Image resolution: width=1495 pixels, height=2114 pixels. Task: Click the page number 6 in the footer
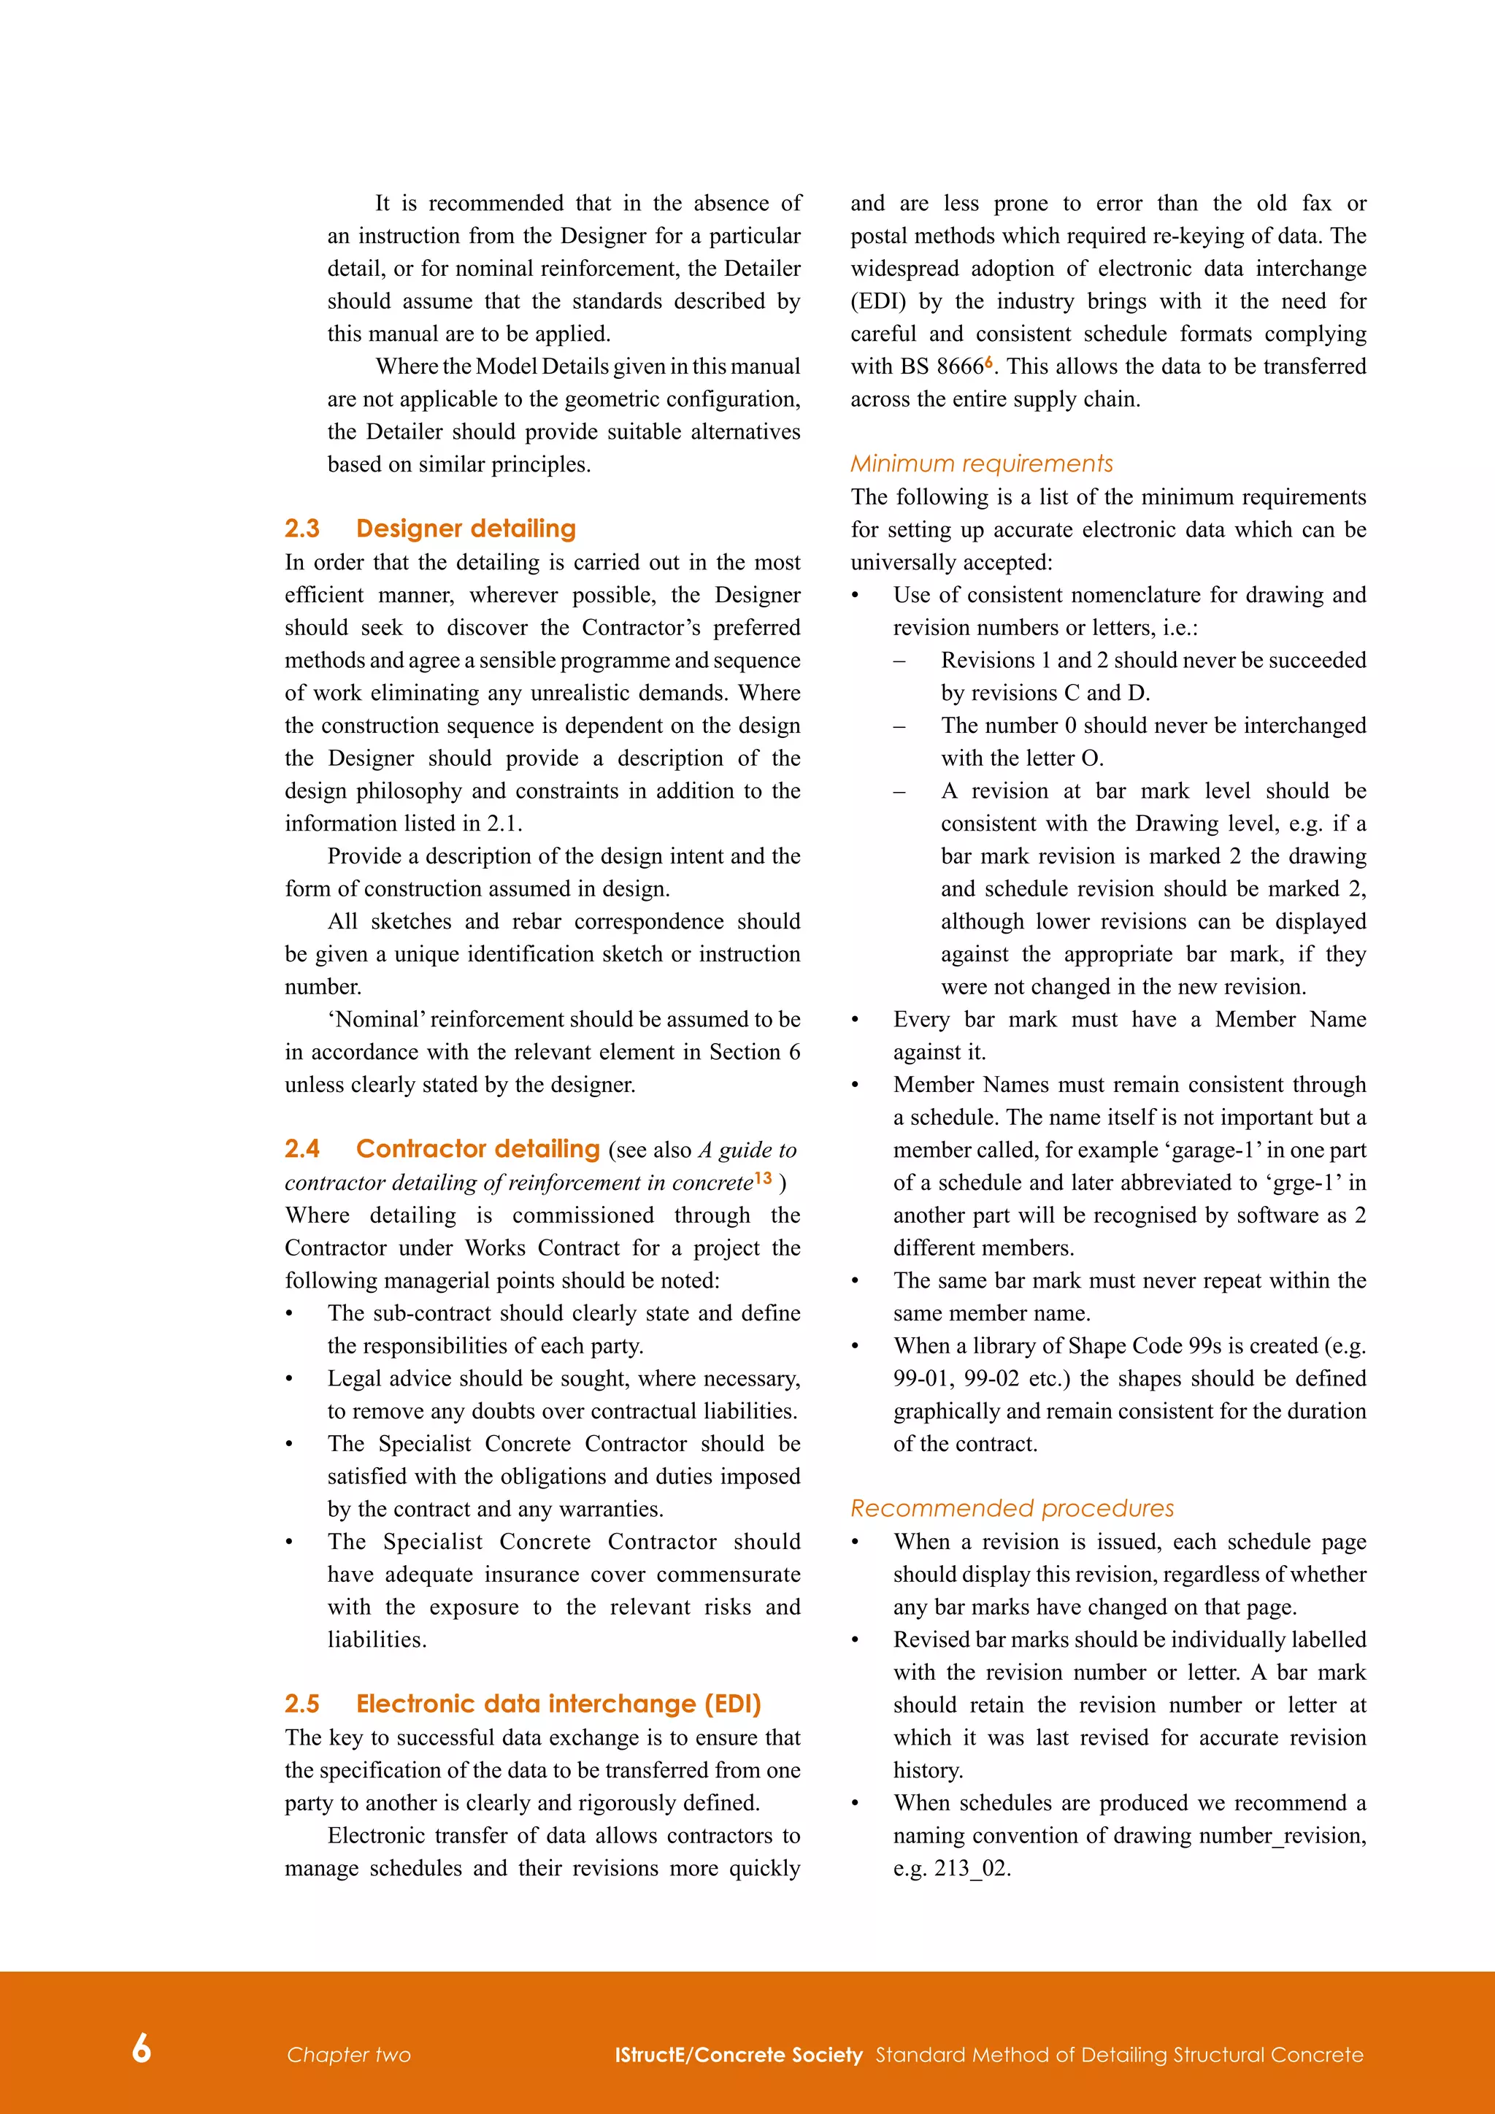[x=141, y=2048]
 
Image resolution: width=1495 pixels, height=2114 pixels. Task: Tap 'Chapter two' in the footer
[x=348, y=2054]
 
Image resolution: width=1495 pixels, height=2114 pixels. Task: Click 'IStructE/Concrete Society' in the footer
[x=738, y=2054]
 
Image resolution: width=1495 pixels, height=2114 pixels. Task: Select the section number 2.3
[x=302, y=528]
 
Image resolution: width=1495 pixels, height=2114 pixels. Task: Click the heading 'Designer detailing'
[x=466, y=528]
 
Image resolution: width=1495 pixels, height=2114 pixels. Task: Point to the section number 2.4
[x=302, y=1148]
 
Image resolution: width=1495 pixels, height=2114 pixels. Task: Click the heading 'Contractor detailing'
[x=478, y=1148]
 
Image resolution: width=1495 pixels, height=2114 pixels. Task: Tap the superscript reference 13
[x=763, y=1177]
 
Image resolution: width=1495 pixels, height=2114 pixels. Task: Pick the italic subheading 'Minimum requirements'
[x=981, y=463]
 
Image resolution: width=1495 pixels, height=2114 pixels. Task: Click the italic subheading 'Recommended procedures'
[x=1012, y=1508]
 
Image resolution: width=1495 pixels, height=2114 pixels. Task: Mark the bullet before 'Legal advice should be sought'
[x=290, y=1379]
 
